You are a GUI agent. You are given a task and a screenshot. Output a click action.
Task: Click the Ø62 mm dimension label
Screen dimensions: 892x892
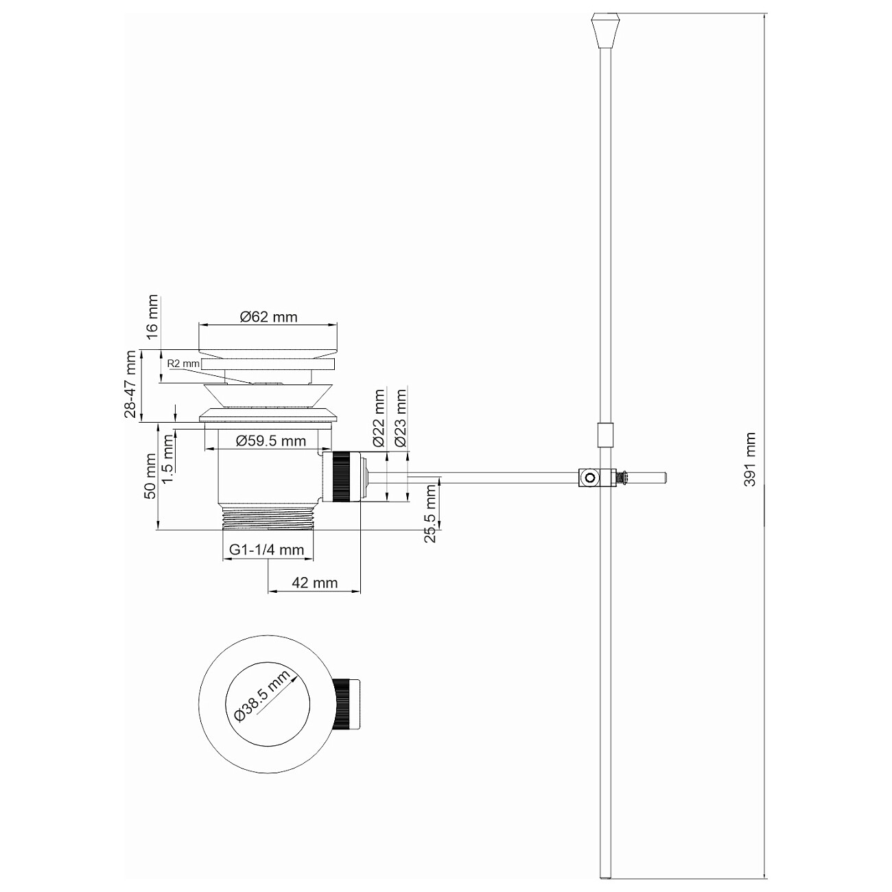[268, 317]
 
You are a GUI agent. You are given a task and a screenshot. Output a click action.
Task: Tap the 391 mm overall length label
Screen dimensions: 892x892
[750, 459]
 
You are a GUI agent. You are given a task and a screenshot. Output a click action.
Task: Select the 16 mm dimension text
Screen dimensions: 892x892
[152, 314]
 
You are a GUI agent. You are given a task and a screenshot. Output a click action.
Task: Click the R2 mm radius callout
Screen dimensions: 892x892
[183, 363]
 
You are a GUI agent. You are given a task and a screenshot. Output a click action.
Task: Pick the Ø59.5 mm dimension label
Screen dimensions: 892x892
[270, 441]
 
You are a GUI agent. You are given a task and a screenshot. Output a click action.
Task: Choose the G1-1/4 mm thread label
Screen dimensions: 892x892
[267, 550]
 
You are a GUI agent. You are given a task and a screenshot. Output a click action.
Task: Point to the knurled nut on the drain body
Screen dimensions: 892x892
[342, 477]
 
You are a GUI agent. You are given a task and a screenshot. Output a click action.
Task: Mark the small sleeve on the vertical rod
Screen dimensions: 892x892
[604, 435]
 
